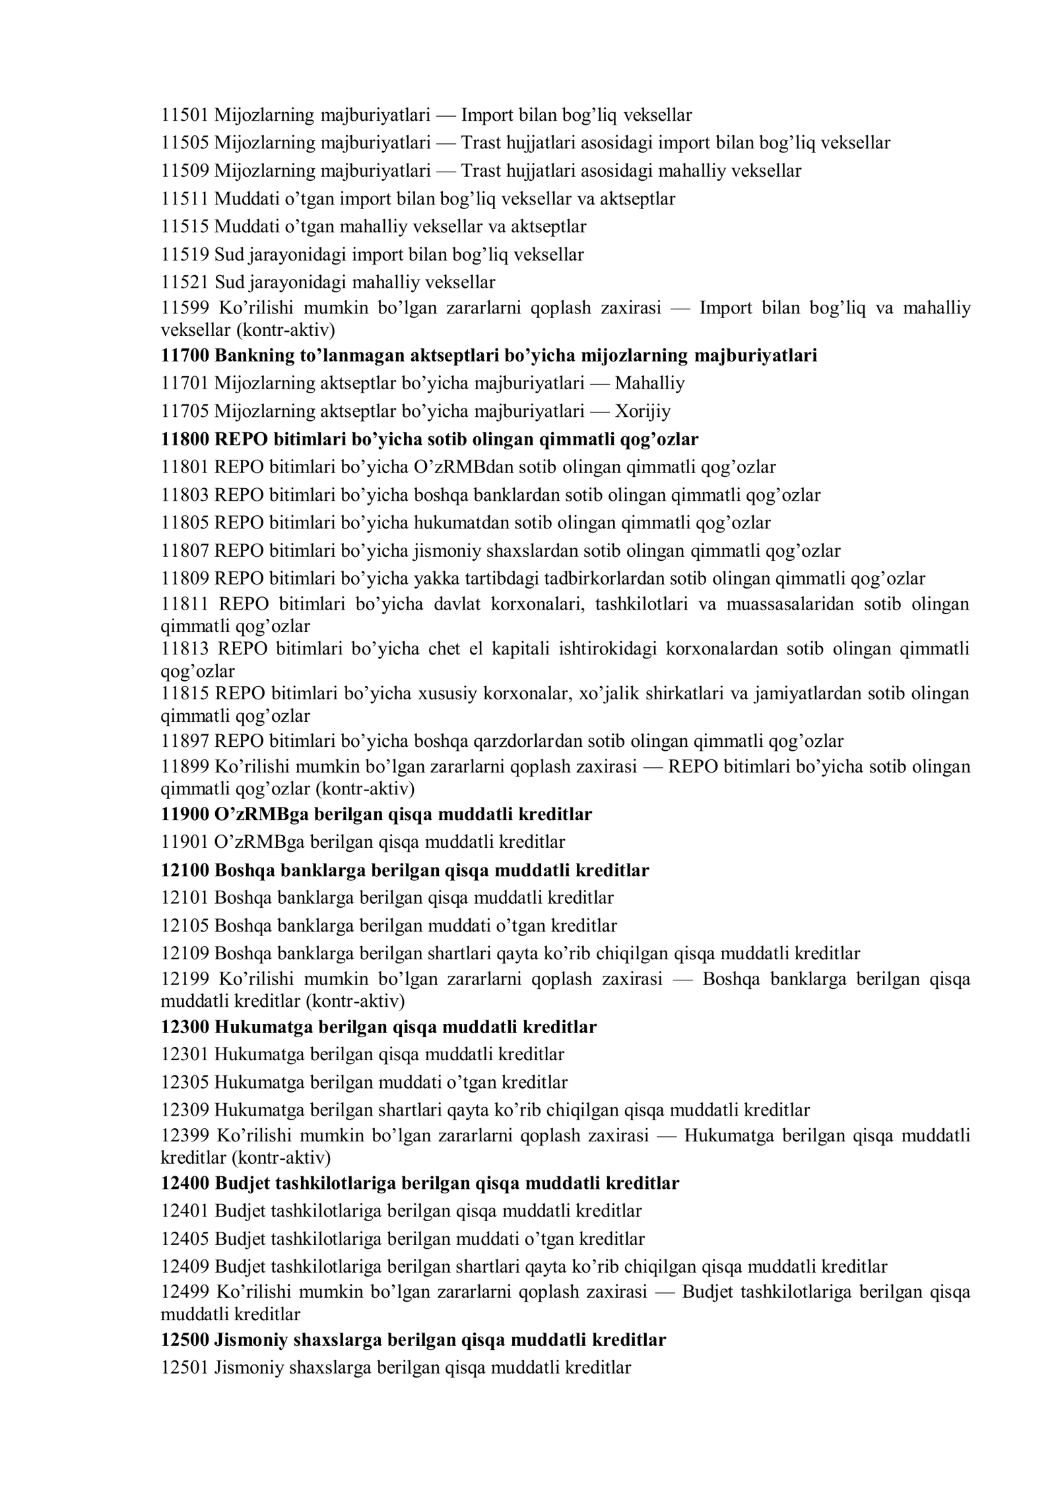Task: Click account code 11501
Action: pyautogui.click(x=185, y=115)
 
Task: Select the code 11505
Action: pyautogui.click(x=185, y=143)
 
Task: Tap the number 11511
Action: pyautogui.click(x=185, y=199)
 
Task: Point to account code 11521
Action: pyautogui.click(x=185, y=282)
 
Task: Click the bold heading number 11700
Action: pyautogui.click(x=185, y=356)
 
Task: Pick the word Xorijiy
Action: pyautogui.click(x=642, y=412)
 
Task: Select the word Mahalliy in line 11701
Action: pyautogui.click(x=649, y=383)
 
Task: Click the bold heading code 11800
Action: pyautogui.click(x=185, y=439)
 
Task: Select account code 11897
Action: pyautogui.click(x=185, y=742)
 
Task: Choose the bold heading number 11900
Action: pyautogui.click(x=185, y=814)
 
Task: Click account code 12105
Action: pyautogui.click(x=185, y=926)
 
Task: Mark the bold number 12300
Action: pyautogui.click(x=185, y=1027)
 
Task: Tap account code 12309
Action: pyautogui.click(x=185, y=1110)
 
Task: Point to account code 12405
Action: pyautogui.click(x=185, y=1238)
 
